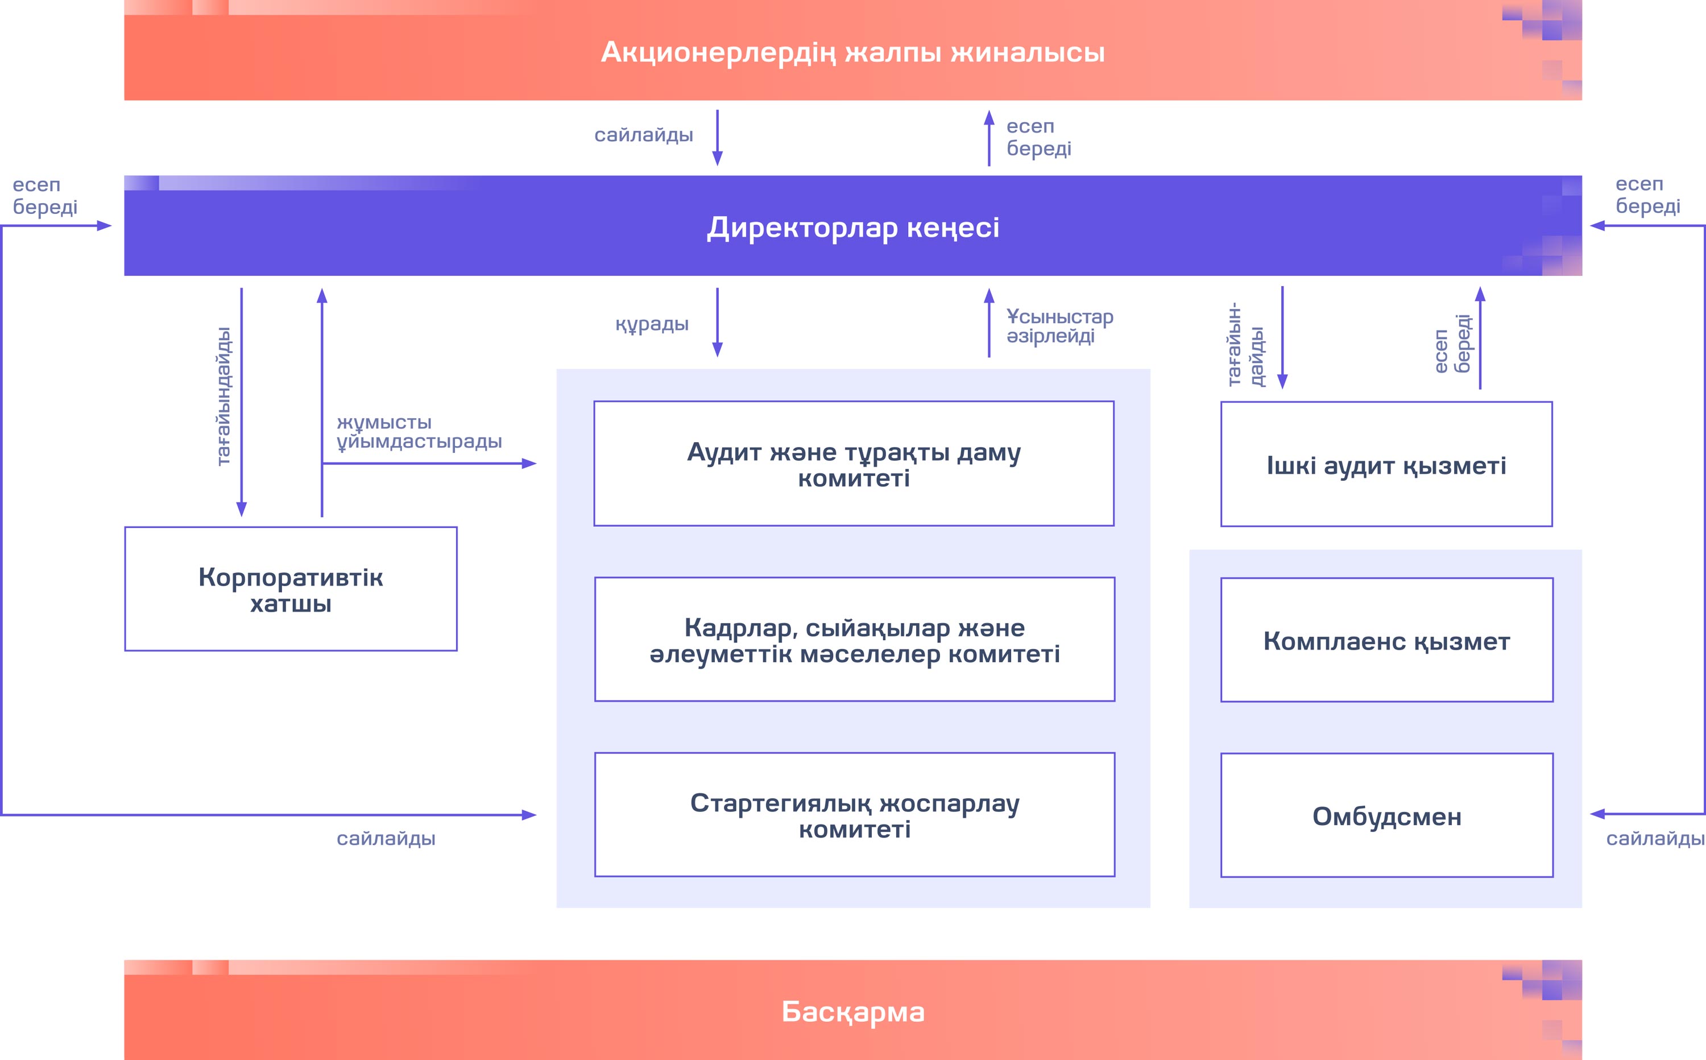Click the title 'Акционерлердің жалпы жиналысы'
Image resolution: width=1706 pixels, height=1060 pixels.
(x=852, y=52)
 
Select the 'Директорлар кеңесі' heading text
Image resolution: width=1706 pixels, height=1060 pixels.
(x=852, y=228)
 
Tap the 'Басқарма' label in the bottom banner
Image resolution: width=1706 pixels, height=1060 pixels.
(x=852, y=1012)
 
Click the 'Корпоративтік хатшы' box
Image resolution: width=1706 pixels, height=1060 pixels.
(x=291, y=589)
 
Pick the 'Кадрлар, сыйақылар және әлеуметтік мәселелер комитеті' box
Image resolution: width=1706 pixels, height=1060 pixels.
(x=854, y=640)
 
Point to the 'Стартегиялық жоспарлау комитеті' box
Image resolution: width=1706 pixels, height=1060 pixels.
(x=854, y=815)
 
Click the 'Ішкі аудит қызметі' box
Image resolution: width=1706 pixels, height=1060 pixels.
(x=1386, y=465)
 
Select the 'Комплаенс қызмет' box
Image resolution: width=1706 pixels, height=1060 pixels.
(x=1386, y=641)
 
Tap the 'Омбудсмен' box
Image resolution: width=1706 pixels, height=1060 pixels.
(x=1386, y=816)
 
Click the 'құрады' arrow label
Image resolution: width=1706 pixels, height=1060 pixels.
(x=652, y=324)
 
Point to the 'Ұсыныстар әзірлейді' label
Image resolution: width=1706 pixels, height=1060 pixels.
(x=1059, y=326)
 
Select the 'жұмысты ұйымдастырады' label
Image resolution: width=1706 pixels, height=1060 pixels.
(x=419, y=432)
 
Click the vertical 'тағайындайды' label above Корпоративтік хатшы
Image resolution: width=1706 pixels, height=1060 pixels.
(x=223, y=396)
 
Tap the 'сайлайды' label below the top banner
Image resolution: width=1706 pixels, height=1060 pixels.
(x=643, y=135)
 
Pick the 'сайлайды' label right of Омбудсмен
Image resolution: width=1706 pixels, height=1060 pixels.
(x=1655, y=839)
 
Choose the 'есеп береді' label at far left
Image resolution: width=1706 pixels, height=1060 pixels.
(x=45, y=196)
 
